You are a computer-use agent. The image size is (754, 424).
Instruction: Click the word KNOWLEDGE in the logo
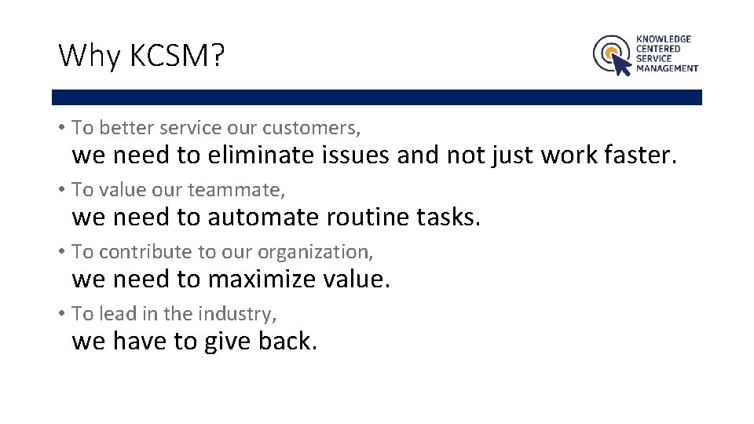[664, 38]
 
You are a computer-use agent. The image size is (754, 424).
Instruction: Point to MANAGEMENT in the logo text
[667, 68]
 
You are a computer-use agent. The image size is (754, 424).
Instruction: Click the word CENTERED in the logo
[658, 49]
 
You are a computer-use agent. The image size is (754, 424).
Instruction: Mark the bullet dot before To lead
[61, 314]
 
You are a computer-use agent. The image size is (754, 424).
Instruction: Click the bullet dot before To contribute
[61, 252]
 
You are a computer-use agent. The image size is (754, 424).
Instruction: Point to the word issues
[355, 155]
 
